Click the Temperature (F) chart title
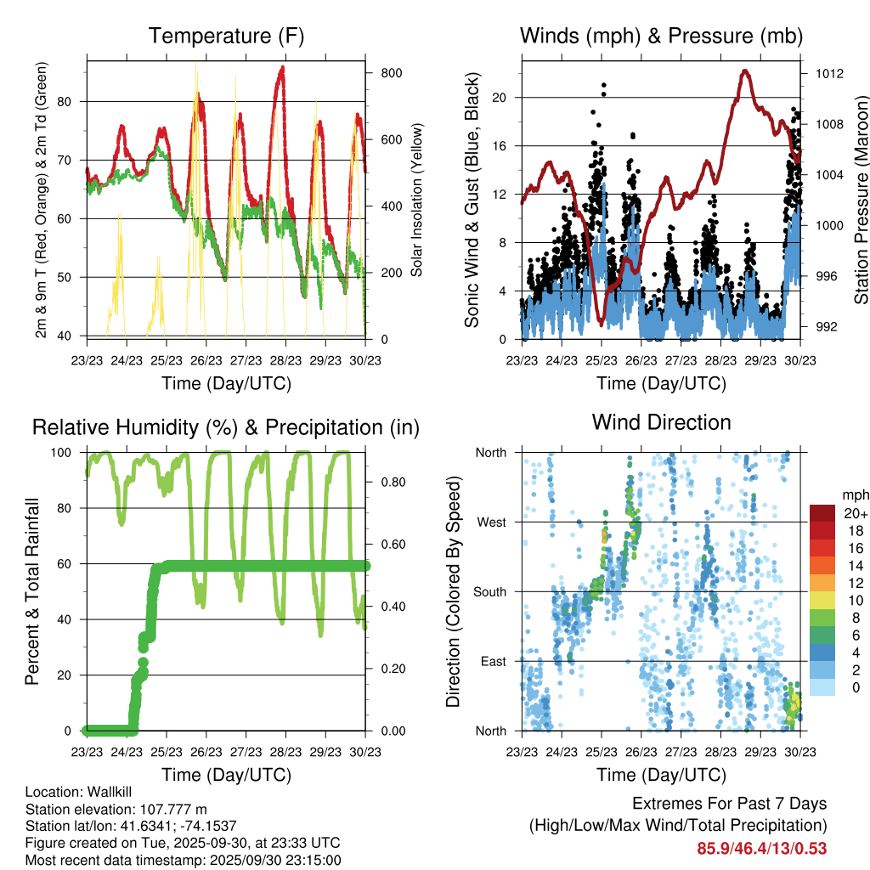coord(226,36)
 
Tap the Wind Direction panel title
coord(661,421)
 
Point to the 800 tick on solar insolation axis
coord(391,73)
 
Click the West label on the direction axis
coord(490,522)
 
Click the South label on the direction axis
coord(489,591)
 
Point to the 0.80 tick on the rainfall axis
coord(388,482)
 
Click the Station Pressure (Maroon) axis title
coord(860,201)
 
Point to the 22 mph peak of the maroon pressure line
coord(745,71)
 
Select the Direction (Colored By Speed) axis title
coord(454,591)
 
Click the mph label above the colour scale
coord(855,494)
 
